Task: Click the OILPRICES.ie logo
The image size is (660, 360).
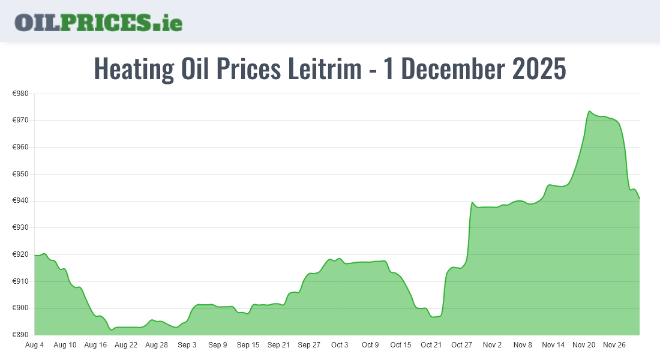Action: coord(98,22)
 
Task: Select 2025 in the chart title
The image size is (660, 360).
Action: coord(539,69)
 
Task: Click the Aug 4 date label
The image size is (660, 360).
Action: coord(35,345)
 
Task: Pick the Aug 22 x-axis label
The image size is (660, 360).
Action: coord(126,345)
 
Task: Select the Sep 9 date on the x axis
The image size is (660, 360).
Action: coord(218,345)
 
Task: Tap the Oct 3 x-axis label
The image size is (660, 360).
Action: coord(340,345)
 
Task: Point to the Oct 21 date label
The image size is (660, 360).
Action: coord(431,345)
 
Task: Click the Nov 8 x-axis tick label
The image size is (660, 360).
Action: coord(523,345)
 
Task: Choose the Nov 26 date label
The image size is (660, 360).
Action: coord(614,345)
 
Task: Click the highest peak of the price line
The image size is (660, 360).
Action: coord(590,112)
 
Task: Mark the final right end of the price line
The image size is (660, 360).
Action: coord(640,199)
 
